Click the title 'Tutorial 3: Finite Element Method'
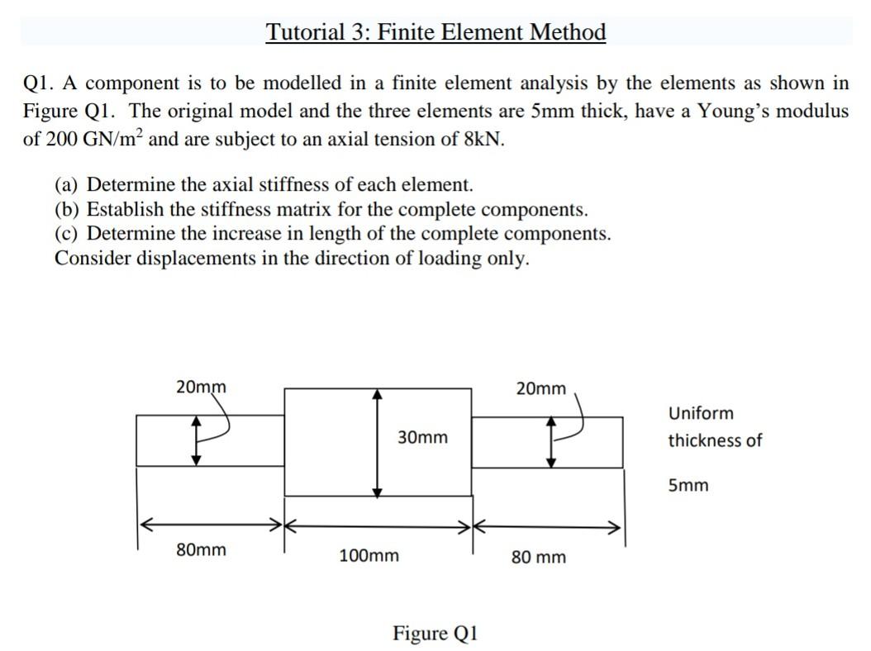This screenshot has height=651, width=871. (435, 32)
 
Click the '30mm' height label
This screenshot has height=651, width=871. (422, 437)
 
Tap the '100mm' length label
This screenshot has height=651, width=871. (369, 556)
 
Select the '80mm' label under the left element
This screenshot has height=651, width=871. (201, 549)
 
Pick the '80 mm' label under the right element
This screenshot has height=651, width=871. (539, 558)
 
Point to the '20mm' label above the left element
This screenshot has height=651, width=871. (201, 386)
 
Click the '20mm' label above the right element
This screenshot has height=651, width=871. (541, 387)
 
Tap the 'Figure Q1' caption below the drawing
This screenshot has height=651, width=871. (435, 634)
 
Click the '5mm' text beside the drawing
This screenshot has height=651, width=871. (688, 485)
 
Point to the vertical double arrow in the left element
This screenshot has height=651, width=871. (197, 440)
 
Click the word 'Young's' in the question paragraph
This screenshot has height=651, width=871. (732, 111)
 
